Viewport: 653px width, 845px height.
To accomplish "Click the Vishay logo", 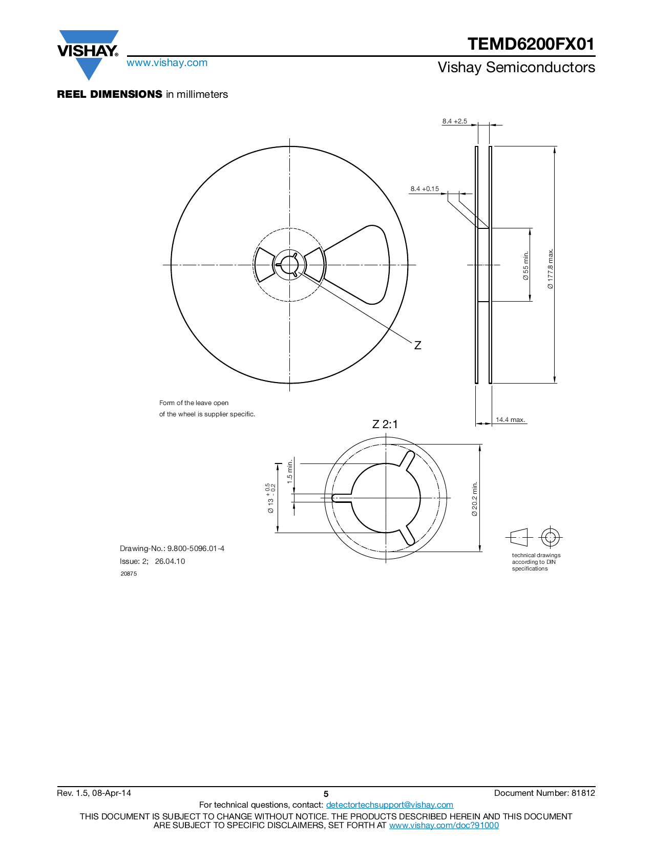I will click(x=88, y=52).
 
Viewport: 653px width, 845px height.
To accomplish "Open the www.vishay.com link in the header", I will click(x=167, y=63).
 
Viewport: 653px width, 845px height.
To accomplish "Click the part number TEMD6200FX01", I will click(x=531, y=44).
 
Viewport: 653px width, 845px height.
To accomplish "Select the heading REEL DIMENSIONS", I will click(x=110, y=94).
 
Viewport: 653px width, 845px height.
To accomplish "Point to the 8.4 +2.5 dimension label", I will click(x=454, y=121).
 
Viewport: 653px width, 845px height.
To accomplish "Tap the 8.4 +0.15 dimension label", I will click(x=425, y=189).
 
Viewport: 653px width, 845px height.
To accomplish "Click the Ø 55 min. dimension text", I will click(x=526, y=265).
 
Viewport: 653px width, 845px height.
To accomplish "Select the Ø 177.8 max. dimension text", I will click(x=551, y=268).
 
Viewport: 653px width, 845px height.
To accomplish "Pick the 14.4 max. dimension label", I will click(x=510, y=420).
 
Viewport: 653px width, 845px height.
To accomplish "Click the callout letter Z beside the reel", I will click(x=417, y=346).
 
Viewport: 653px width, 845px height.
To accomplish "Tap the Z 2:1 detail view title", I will click(x=385, y=425).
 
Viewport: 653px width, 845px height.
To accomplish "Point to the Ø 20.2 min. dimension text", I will click(x=475, y=498).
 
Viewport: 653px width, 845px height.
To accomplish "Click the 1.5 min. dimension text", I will click(x=290, y=472).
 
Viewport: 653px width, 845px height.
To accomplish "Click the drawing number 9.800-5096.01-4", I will click(x=196, y=548).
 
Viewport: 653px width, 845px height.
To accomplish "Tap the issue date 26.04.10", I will click(x=170, y=561).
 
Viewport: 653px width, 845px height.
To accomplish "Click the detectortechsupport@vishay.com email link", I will click(x=389, y=805).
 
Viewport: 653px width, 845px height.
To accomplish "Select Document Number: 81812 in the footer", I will click(x=544, y=793).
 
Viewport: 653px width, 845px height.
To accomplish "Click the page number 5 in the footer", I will click(x=326, y=794).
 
